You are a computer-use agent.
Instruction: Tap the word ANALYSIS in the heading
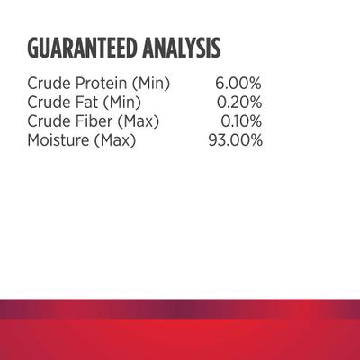(x=182, y=47)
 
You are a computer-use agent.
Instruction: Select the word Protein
(x=100, y=84)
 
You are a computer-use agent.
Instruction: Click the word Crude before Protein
(x=48, y=84)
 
